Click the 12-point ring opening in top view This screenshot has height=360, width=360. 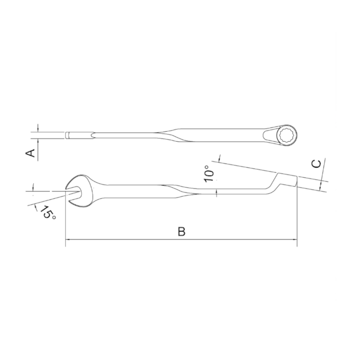[x=287, y=135]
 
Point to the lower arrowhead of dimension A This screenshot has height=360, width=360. [x=38, y=141]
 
